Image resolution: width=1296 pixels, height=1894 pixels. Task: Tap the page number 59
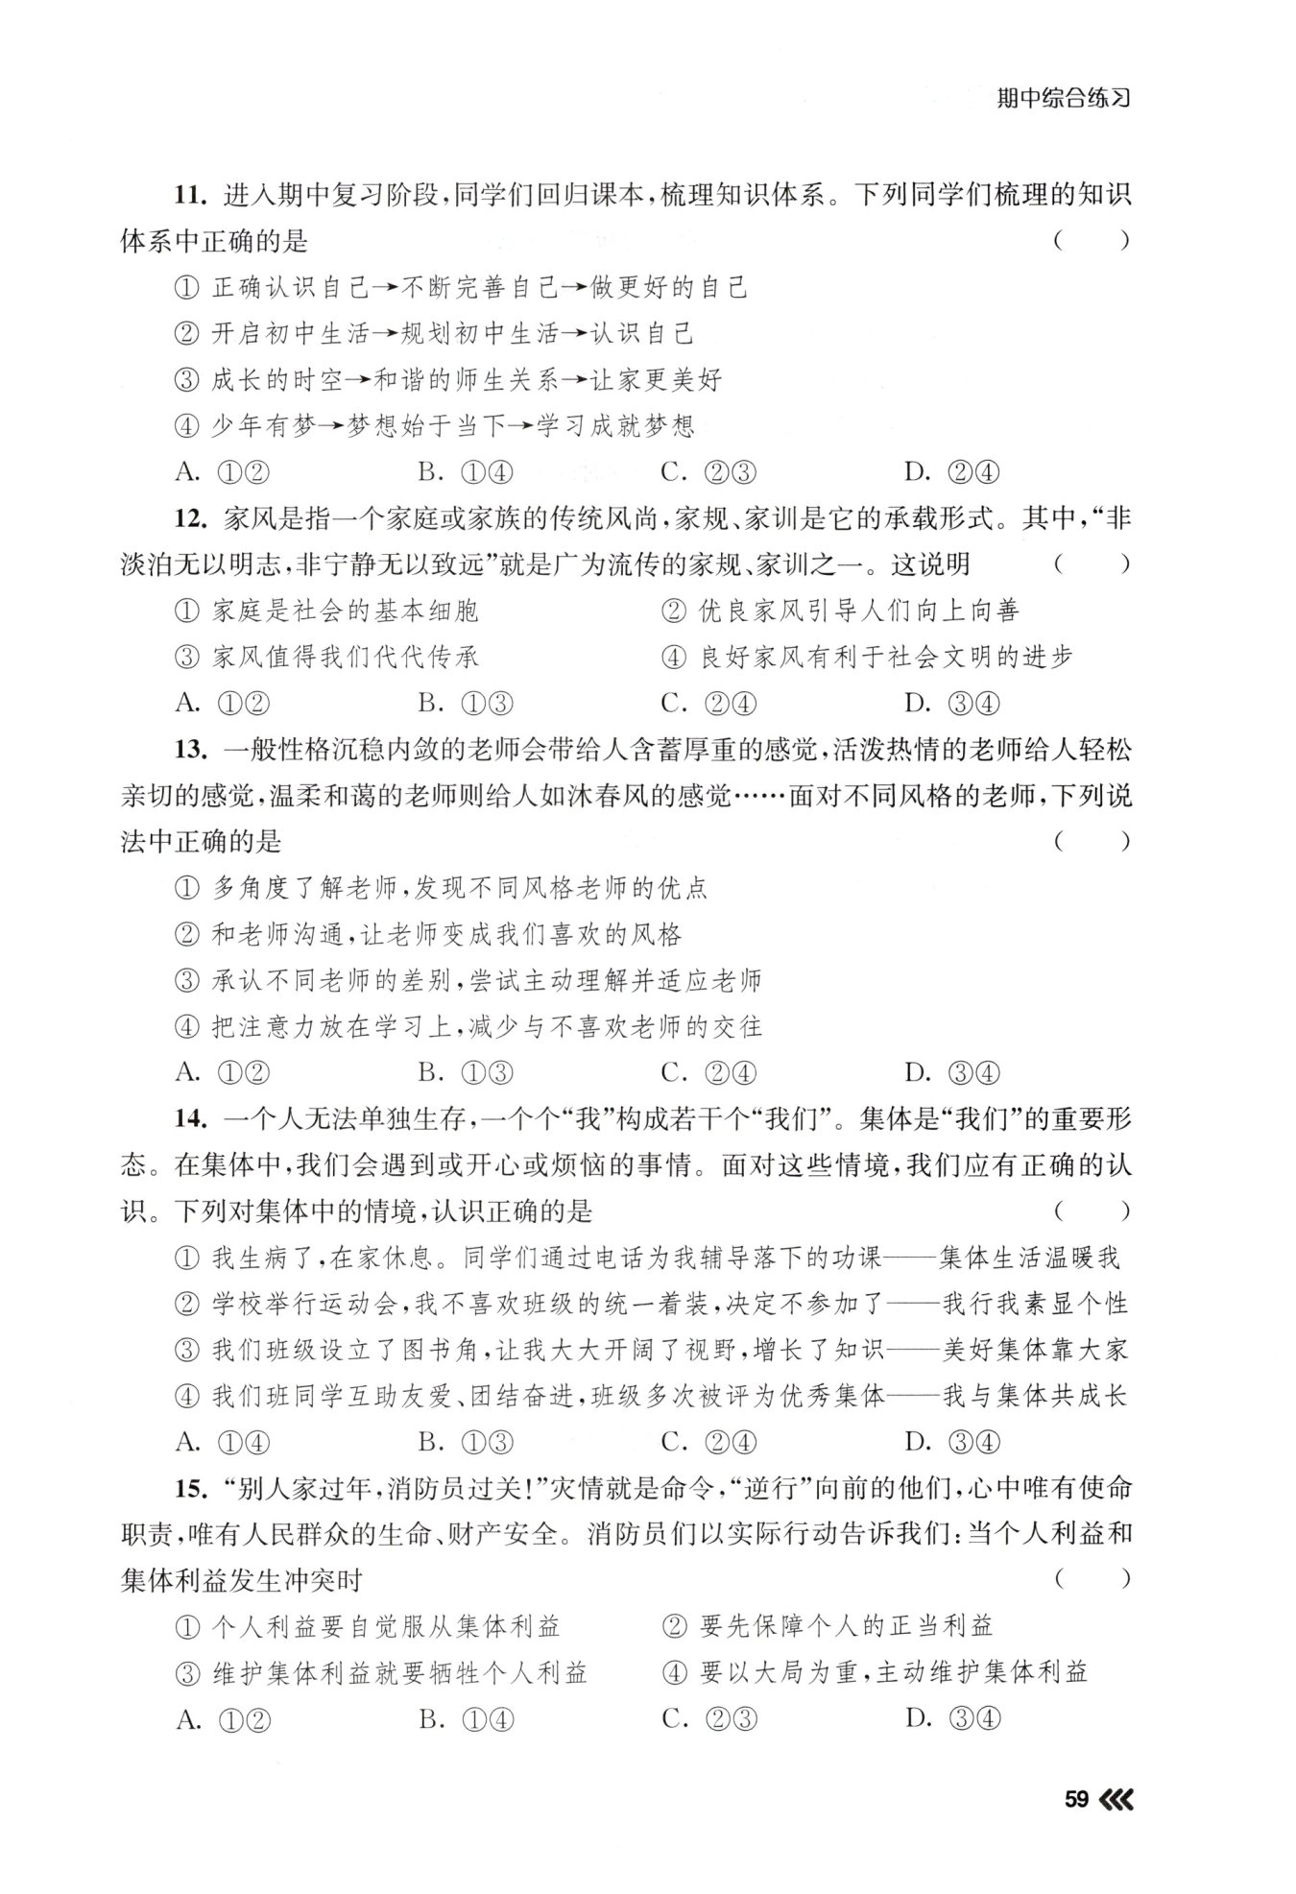coord(1076,1799)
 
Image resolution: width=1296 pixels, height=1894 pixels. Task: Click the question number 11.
coord(191,195)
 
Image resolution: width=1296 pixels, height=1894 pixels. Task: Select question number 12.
coord(191,518)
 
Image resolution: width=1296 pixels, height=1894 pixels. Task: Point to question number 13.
coord(191,750)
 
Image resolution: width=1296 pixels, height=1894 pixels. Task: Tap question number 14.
coord(191,1119)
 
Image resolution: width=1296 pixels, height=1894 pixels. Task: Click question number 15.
coord(191,1489)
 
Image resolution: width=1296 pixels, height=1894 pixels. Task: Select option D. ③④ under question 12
coord(952,704)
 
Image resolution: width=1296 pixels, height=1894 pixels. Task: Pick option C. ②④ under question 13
coord(709,1073)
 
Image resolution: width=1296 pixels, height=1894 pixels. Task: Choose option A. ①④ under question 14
coord(223,1442)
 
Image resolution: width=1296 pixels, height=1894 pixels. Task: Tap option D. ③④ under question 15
coord(952,1719)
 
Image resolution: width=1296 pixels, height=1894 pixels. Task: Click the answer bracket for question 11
coord(1091,241)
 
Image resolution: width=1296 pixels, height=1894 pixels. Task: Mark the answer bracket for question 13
coord(1091,842)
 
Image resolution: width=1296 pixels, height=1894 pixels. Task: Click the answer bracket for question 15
coord(1091,1580)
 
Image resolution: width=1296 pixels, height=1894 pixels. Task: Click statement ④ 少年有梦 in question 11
coord(435,426)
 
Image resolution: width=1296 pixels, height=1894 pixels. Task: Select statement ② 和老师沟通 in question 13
coord(428,934)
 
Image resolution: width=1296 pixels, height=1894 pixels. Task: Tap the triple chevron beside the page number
coord(1116,1799)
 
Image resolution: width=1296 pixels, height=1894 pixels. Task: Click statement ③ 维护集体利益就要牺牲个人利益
coord(381,1673)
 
